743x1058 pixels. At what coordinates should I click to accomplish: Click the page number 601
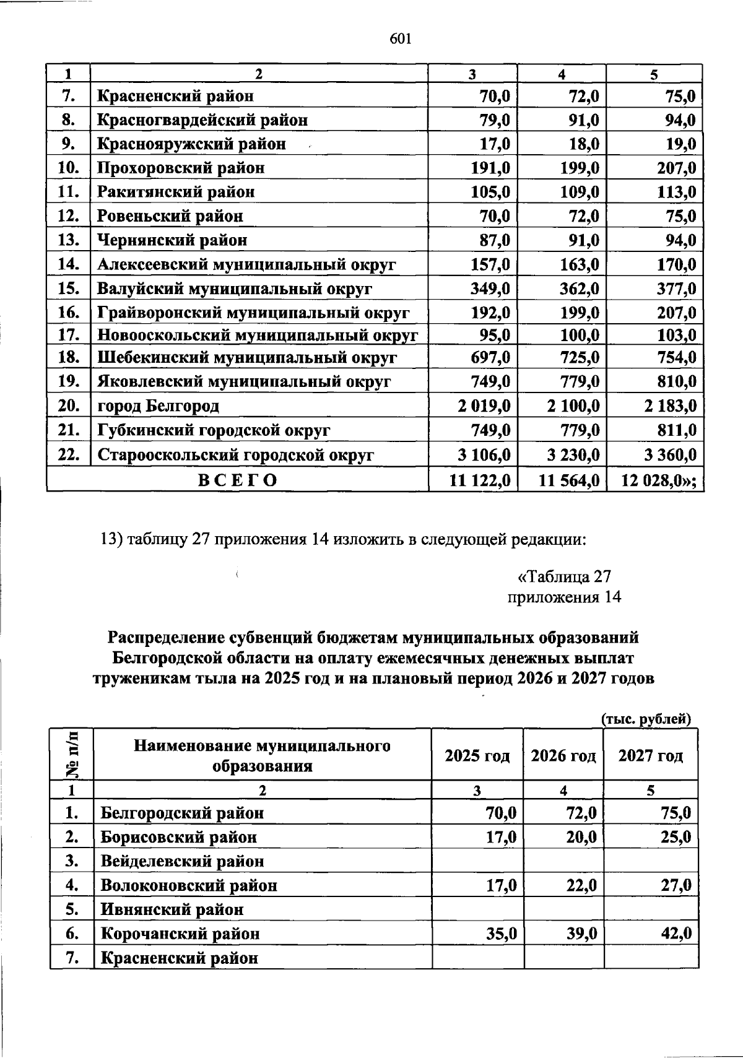point(401,39)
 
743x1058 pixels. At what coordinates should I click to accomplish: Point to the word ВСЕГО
point(237,480)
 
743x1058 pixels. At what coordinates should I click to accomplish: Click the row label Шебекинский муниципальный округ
point(247,358)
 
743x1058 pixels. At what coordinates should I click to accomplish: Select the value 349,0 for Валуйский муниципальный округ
point(490,288)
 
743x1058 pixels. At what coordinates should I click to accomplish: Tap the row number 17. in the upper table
point(69,335)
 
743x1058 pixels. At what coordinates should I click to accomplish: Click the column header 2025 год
point(477,756)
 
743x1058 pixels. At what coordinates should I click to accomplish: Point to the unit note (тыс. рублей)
point(646,719)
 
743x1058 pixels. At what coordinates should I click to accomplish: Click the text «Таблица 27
point(564,577)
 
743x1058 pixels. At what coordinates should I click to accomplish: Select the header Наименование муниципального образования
point(262,756)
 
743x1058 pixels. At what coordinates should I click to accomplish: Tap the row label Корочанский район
point(180,934)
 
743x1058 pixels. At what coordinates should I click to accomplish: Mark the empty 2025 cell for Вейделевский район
point(477,861)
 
